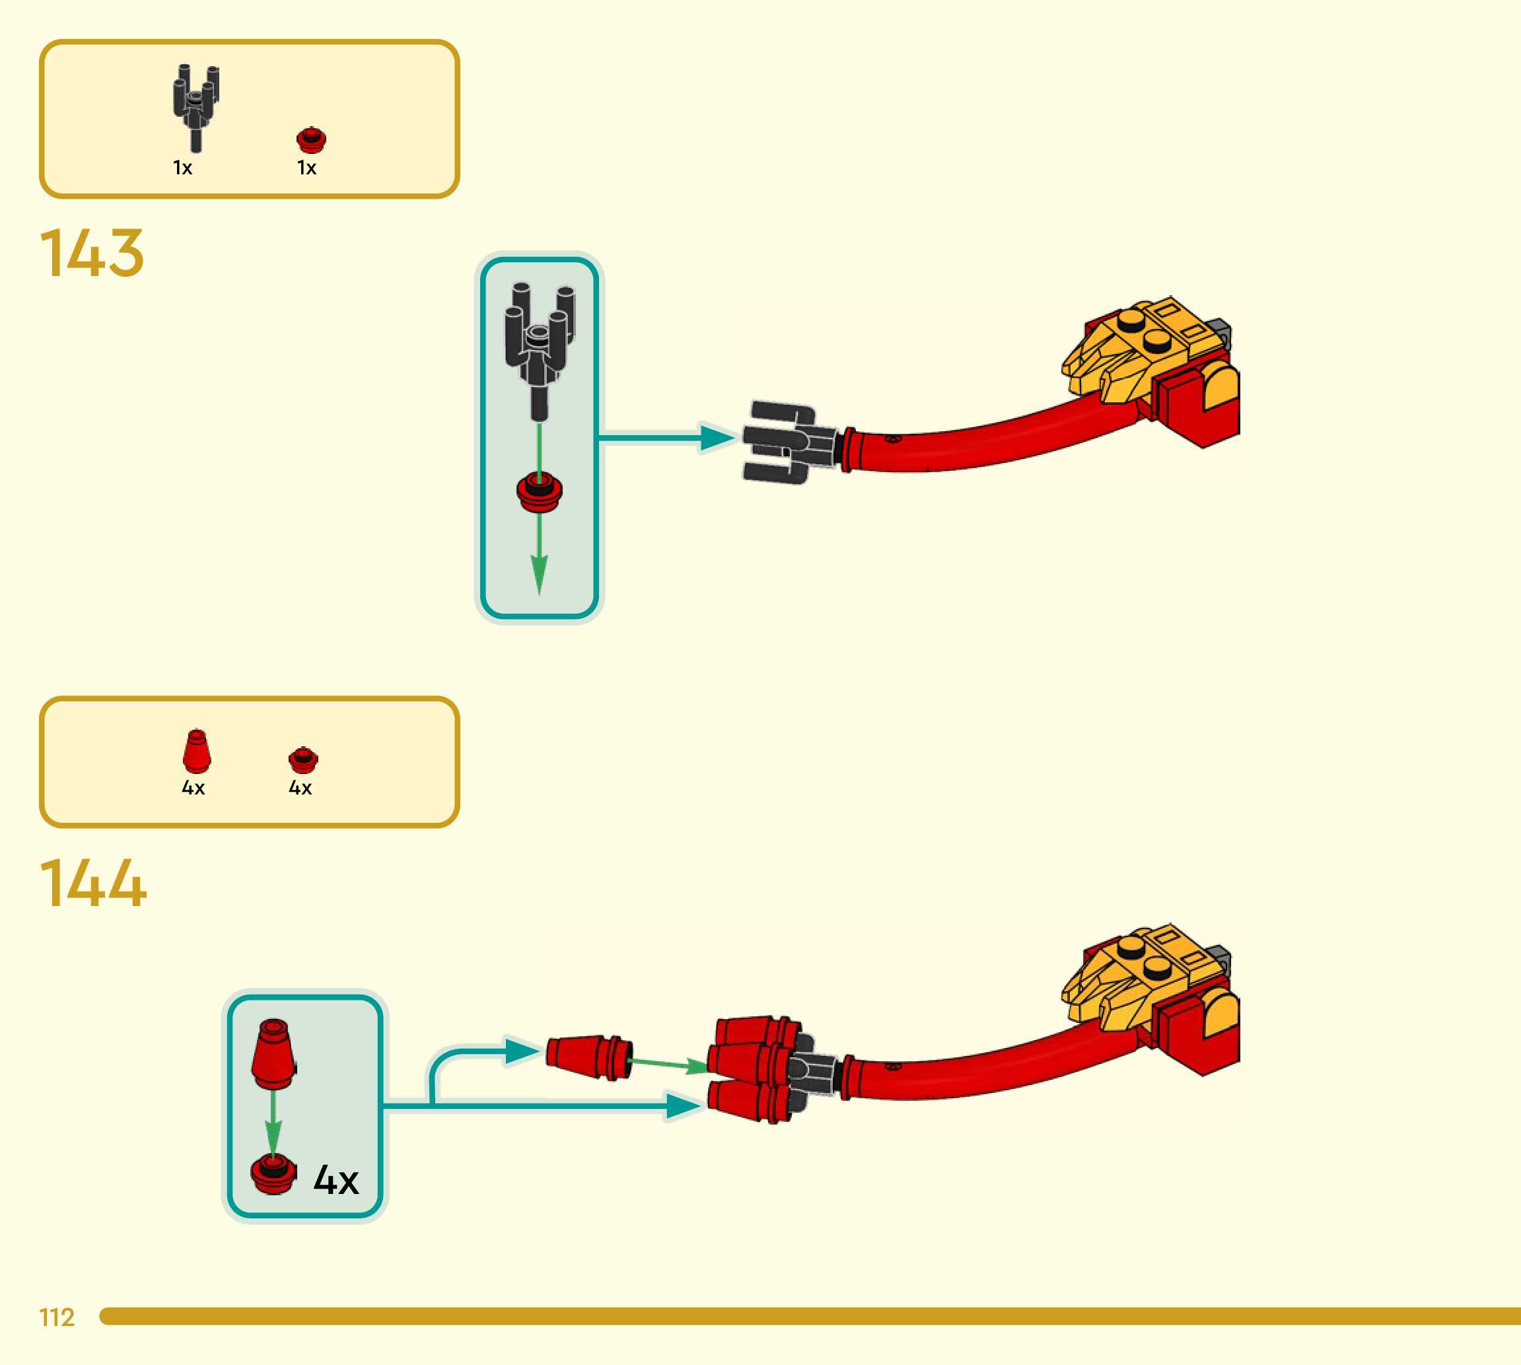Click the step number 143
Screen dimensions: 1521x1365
tap(92, 253)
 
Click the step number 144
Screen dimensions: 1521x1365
tap(93, 883)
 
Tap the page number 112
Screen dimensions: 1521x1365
tap(57, 1317)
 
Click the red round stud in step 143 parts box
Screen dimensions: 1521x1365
tap(310, 139)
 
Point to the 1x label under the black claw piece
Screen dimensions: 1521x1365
tap(182, 168)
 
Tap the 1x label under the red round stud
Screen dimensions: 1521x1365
tap(306, 168)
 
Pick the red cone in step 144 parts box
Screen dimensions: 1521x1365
tap(197, 751)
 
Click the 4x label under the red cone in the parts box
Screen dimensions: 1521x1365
tap(193, 787)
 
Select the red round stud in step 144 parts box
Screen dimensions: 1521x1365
tap(303, 759)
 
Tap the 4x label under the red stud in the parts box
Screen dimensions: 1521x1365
tap(300, 787)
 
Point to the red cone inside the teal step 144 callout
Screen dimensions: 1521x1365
tap(273, 1053)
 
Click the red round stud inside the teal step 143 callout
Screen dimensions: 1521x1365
tap(539, 491)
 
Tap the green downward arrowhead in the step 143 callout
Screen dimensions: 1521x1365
tap(539, 575)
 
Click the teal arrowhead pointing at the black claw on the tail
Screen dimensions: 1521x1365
tap(717, 437)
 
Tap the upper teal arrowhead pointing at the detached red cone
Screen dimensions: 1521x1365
tap(523, 1051)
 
